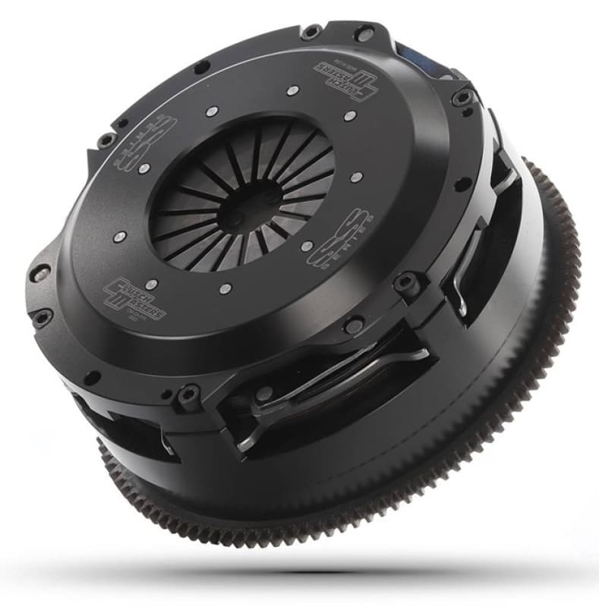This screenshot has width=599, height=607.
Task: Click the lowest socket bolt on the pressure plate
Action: pos(186,395)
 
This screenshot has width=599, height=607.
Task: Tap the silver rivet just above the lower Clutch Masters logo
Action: pos(151,284)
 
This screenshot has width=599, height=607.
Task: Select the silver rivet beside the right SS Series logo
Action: pos(306,247)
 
